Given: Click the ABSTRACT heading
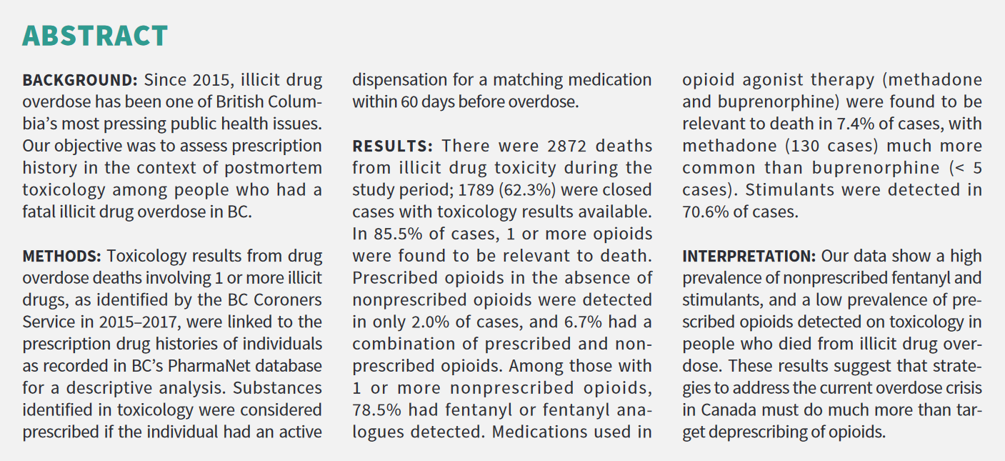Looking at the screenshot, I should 95,35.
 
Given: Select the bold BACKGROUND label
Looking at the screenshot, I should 79,80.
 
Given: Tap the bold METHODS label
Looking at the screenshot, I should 62,256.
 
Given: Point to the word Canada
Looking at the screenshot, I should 724,410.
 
